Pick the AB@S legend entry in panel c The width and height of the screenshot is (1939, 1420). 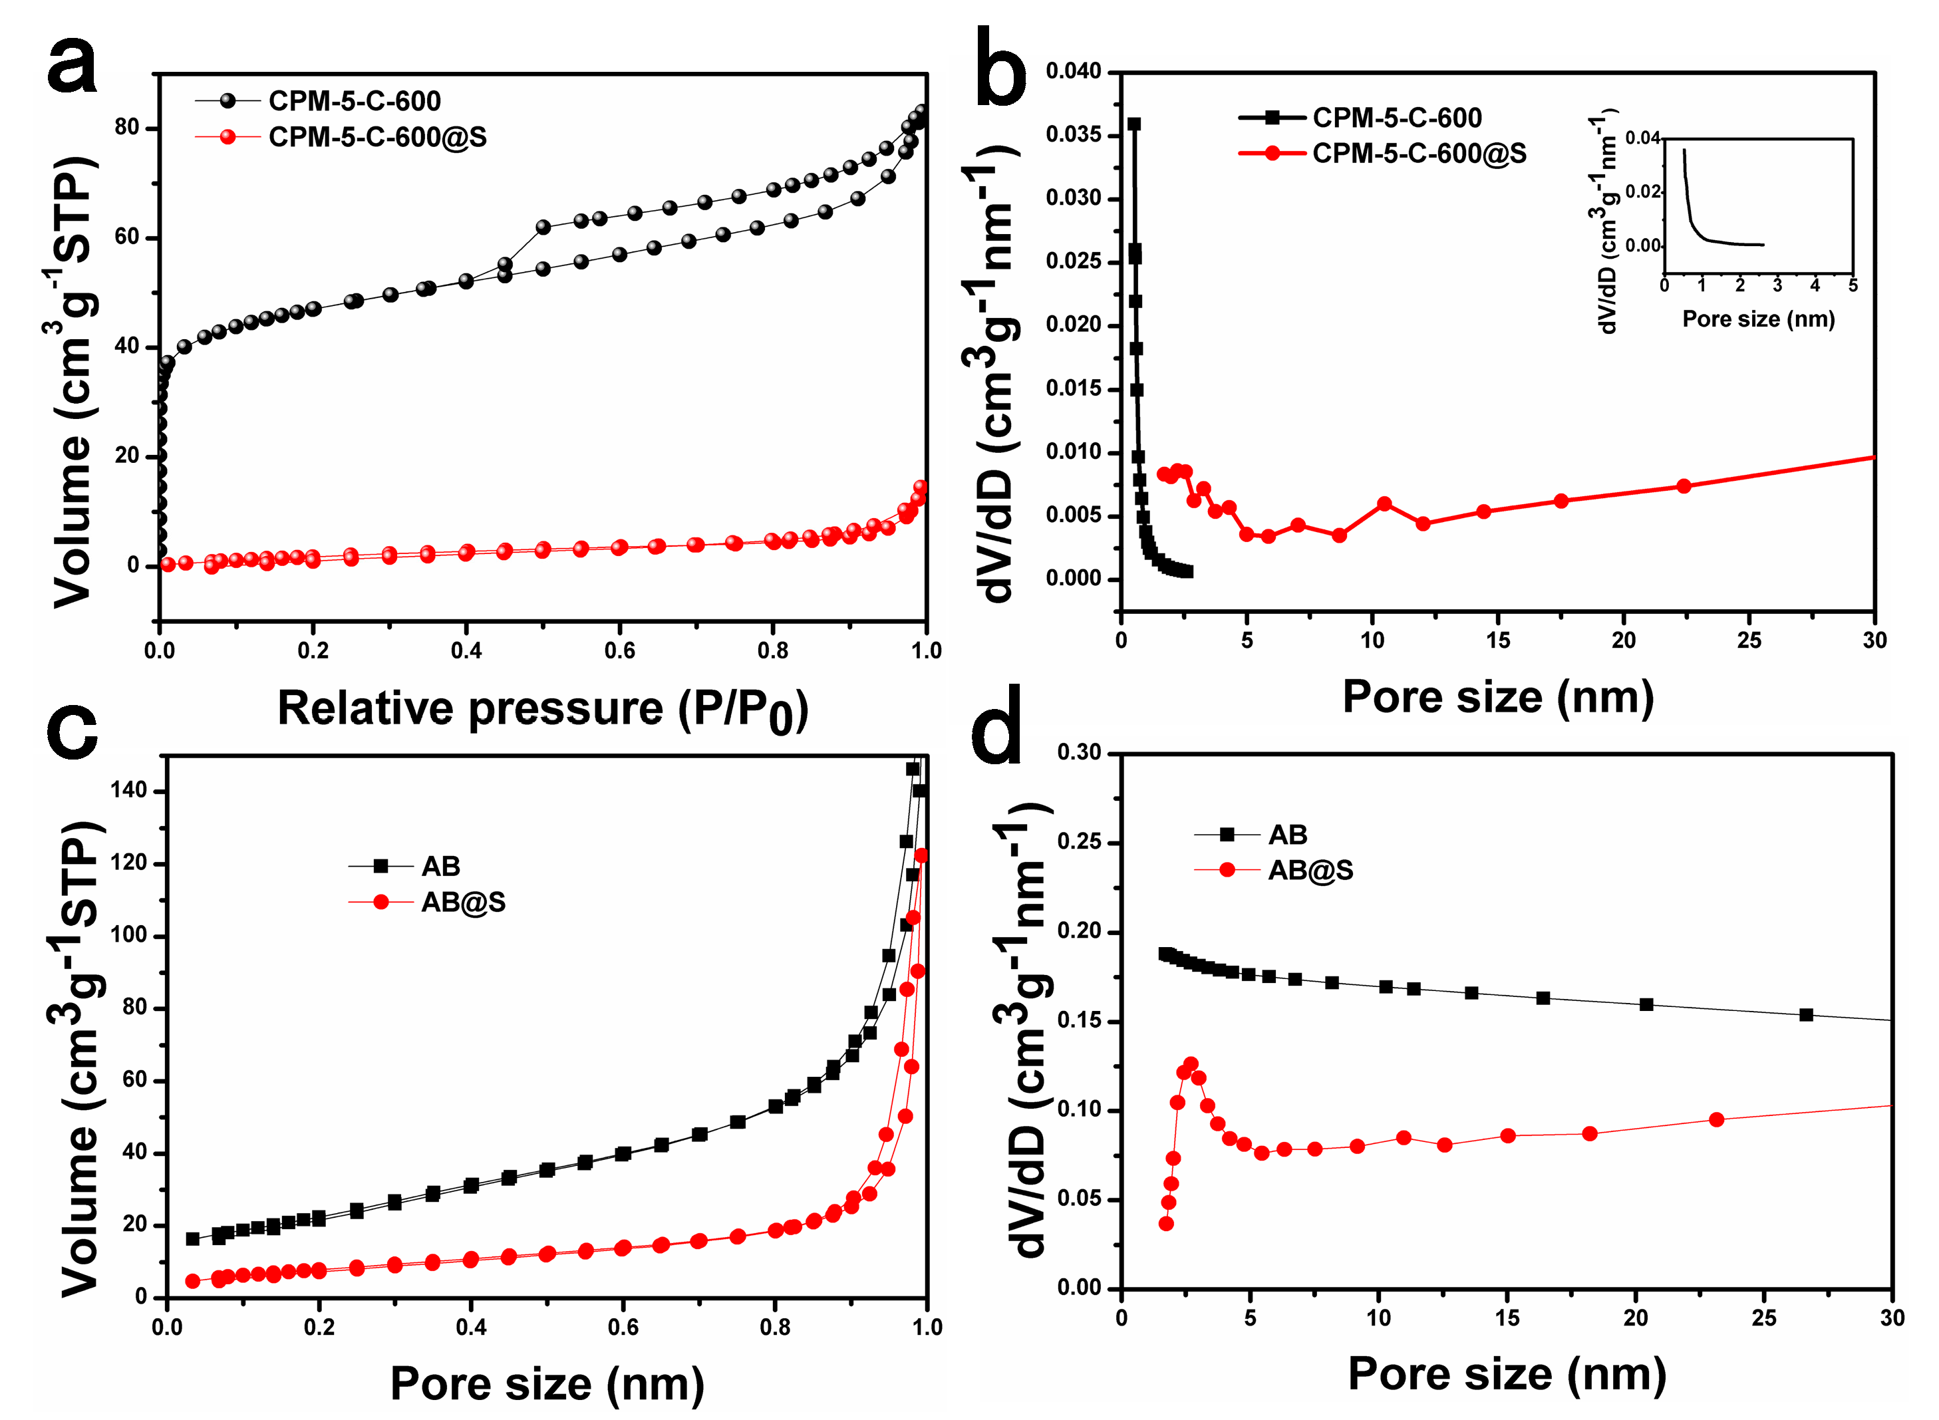[x=462, y=903]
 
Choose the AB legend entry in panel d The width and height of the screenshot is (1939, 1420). [x=1286, y=835]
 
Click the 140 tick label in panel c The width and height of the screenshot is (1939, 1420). [x=128, y=791]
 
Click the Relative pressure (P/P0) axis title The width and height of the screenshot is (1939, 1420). [x=542, y=710]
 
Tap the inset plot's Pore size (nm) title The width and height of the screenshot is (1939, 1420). [x=1757, y=320]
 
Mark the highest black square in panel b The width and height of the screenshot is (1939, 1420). [x=1133, y=124]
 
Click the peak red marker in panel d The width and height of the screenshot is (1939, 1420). [x=1191, y=1064]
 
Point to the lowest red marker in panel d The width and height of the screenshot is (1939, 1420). [x=1165, y=1223]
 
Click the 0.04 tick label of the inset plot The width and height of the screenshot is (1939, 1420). [x=1642, y=138]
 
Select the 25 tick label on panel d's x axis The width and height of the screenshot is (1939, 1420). [x=1763, y=1318]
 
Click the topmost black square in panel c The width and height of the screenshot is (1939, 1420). [x=913, y=768]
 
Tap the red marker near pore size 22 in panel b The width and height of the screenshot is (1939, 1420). [x=1683, y=486]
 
